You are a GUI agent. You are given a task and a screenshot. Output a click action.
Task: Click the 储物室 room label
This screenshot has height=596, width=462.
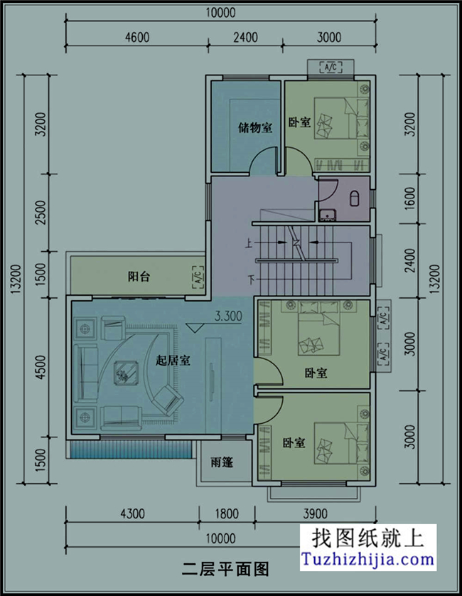pos(255,128)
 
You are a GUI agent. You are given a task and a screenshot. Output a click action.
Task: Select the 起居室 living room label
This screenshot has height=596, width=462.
pos(173,360)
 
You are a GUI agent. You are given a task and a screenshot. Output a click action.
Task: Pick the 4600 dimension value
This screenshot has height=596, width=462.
pos(137,38)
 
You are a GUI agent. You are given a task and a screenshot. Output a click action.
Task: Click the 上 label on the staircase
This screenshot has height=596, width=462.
pos(249,243)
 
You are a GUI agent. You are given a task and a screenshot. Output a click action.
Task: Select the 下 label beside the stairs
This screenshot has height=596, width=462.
pos(249,277)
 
